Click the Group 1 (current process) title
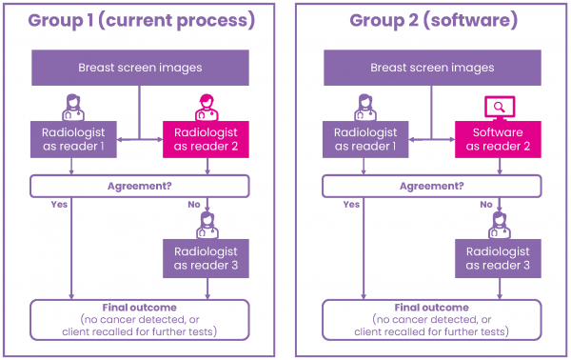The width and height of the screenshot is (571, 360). (141, 20)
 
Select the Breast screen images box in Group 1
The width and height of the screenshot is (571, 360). (141, 68)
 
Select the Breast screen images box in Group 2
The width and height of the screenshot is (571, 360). (433, 68)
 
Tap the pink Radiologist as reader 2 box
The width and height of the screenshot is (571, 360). (207, 139)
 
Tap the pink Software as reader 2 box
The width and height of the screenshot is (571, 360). (499, 139)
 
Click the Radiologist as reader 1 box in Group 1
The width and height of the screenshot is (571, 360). (73, 139)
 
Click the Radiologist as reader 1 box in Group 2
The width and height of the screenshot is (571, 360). (365, 139)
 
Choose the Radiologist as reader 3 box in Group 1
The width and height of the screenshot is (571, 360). (207, 257)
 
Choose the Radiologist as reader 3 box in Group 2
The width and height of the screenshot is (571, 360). (499, 257)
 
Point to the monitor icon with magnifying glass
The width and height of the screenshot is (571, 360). (499, 107)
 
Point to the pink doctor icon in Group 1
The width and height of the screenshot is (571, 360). (207, 106)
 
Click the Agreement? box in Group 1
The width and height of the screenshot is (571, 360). (141, 186)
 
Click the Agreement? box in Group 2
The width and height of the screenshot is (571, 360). (433, 186)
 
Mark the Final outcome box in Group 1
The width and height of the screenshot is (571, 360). (141, 320)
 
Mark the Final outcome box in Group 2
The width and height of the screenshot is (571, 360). (433, 320)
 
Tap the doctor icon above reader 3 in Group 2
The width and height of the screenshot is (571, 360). (499, 225)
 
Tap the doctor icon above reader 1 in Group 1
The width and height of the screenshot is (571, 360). (73, 106)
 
